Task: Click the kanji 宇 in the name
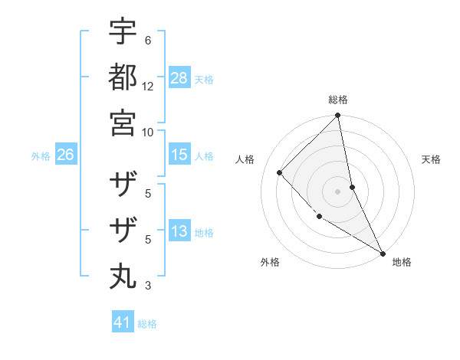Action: (123, 33)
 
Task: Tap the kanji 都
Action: (123, 78)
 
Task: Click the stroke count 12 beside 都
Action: (148, 86)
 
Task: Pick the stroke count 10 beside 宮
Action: (148, 132)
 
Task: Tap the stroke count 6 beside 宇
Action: (148, 41)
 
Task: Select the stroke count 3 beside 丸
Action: (148, 286)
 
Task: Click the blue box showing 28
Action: (179, 78)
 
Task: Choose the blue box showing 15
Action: (179, 155)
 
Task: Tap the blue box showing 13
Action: (179, 231)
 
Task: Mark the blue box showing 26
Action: (65, 155)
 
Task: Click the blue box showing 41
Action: (123, 322)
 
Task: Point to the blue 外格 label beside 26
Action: (41, 156)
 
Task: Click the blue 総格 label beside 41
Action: (147, 324)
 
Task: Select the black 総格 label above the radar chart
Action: (338, 100)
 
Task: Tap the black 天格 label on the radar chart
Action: (431, 159)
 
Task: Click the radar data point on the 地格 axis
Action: (382, 252)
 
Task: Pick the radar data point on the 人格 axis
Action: (280, 172)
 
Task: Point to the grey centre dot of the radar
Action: (337, 191)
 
